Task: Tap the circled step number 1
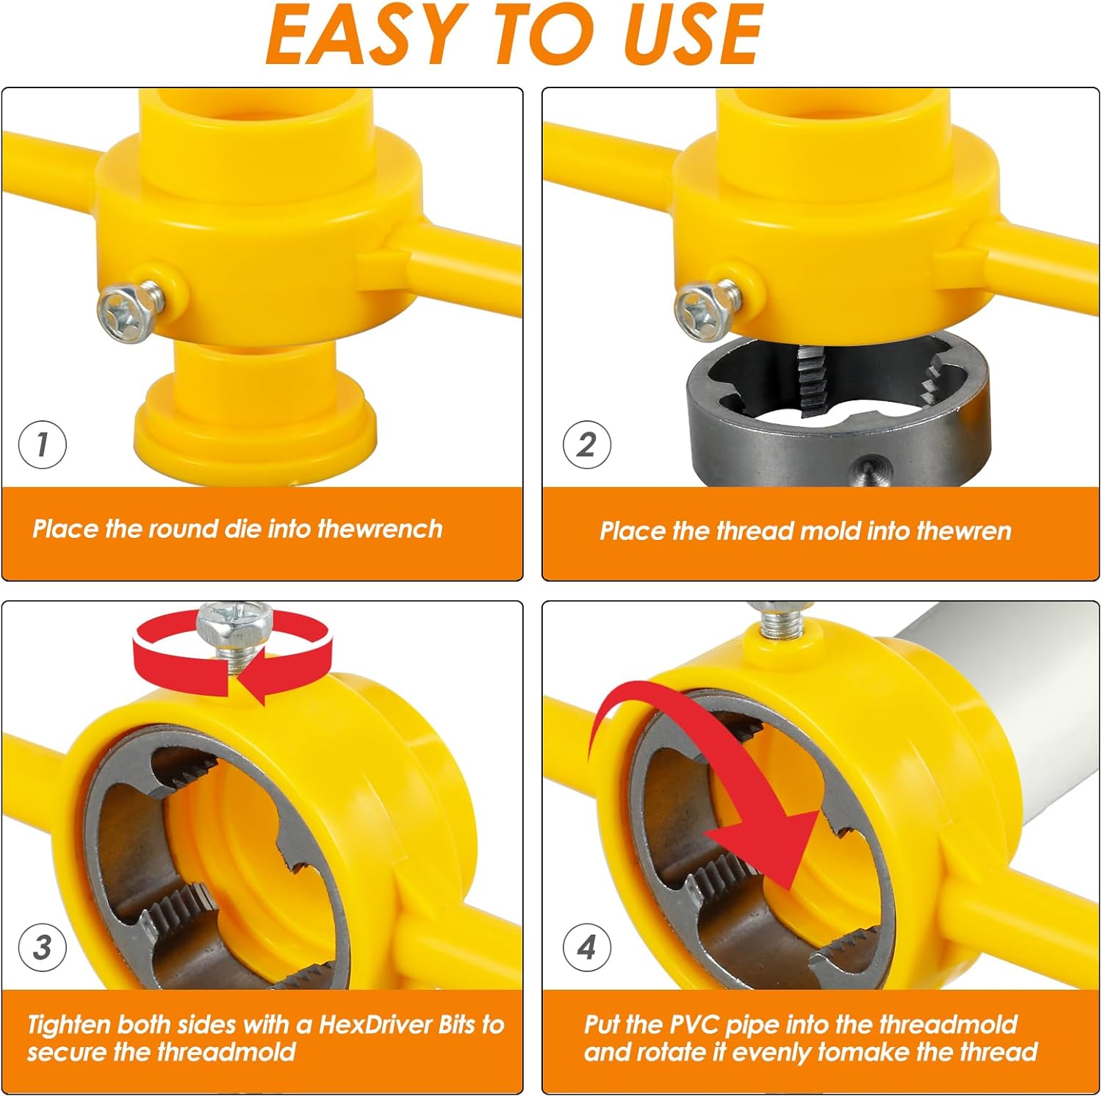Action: coord(42,445)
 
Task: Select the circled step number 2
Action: coord(586,445)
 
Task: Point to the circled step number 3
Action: coord(42,947)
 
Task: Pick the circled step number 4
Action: coord(586,947)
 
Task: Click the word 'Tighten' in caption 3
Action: coord(69,1026)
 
